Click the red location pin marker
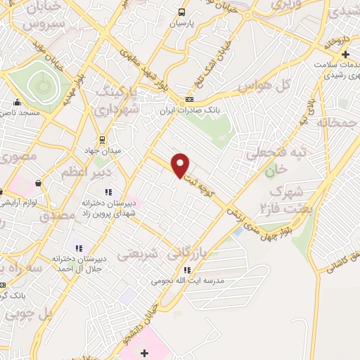(x=181, y=165)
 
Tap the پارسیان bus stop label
(x=181, y=23)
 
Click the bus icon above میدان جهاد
(x=103, y=139)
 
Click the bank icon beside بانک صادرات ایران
(x=189, y=99)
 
